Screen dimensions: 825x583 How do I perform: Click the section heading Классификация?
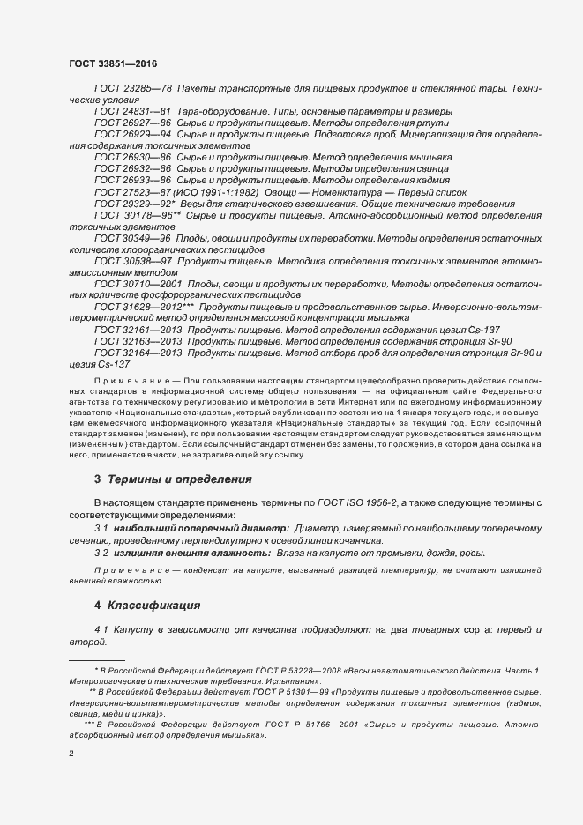pos(154,606)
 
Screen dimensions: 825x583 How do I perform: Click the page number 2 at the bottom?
pos(71,755)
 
